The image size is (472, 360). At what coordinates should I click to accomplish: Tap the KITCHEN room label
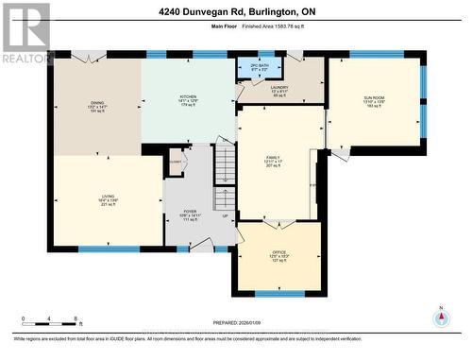tap(189, 99)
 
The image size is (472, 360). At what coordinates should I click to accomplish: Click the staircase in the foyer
tap(224, 180)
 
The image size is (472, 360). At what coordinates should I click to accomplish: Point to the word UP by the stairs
tap(224, 216)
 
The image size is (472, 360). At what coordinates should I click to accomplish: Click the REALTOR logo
tap(25, 33)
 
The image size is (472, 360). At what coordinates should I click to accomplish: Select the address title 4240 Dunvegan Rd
tap(235, 12)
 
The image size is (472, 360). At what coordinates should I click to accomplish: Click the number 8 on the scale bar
tap(75, 318)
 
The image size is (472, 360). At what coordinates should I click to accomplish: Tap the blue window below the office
tap(279, 294)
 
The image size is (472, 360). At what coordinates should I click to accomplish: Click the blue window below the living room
tap(109, 249)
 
